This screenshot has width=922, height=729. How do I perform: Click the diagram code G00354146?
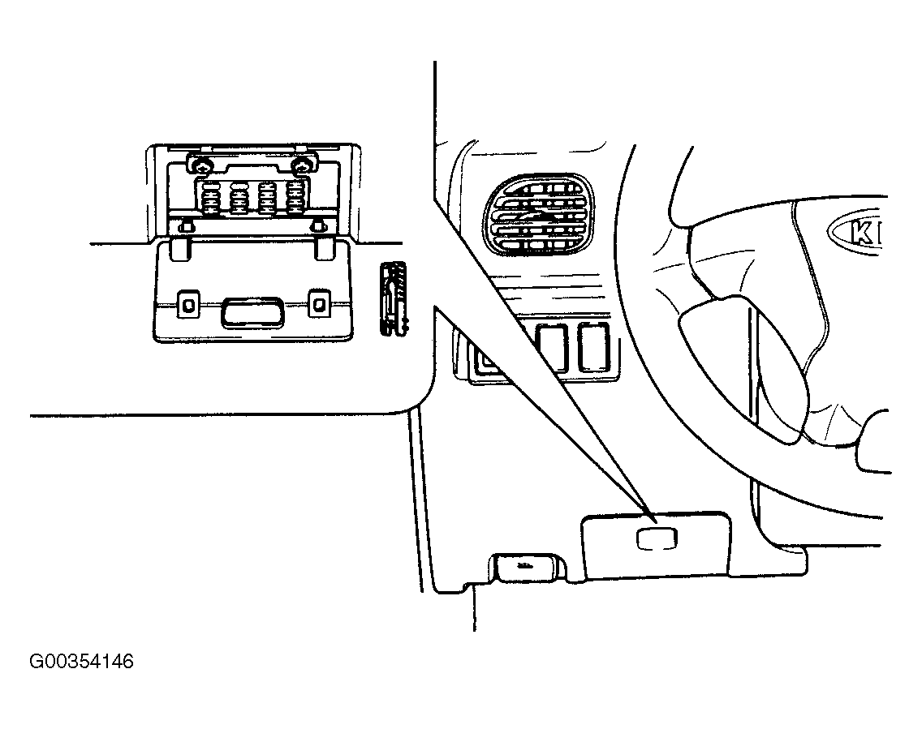tap(82, 662)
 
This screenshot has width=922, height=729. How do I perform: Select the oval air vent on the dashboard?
tap(537, 215)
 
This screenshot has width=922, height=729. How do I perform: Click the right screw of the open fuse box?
tap(302, 165)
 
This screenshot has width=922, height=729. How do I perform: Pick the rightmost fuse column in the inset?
tap(295, 197)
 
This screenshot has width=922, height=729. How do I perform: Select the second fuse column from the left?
tap(239, 197)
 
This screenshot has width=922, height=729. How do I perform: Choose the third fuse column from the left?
tap(268, 197)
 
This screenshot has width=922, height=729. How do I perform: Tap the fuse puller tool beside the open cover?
tap(394, 299)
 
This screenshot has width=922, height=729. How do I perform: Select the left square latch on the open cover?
tap(188, 304)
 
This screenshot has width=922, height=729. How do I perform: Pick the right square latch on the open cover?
tap(319, 304)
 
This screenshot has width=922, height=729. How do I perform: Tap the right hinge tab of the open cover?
tap(325, 248)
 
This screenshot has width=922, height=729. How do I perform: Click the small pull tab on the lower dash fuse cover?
tap(657, 539)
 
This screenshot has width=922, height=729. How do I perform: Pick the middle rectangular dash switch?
tap(551, 349)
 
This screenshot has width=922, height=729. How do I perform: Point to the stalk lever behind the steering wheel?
tap(747, 364)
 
